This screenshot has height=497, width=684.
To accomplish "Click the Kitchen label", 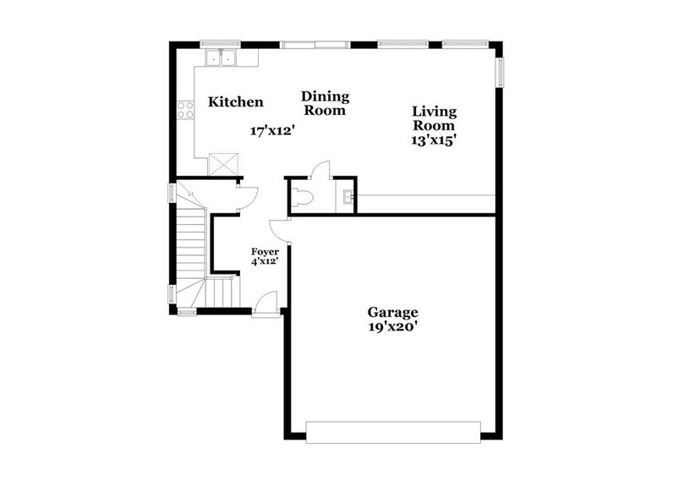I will (236, 102).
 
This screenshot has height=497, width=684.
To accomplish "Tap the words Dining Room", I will (326, 103).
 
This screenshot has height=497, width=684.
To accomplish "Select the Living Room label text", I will (435, 119).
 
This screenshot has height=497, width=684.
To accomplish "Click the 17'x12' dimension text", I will (271, 131).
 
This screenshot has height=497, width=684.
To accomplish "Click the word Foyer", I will (265, 252).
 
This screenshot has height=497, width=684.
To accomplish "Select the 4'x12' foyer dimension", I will (265, 262).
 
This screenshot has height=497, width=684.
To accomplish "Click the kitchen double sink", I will (222, 57).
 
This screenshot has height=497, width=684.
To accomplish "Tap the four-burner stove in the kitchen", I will (186, 110).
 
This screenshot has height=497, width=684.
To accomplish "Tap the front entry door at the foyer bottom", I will (265, 303).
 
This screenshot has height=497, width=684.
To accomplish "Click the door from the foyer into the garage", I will (279, 230).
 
